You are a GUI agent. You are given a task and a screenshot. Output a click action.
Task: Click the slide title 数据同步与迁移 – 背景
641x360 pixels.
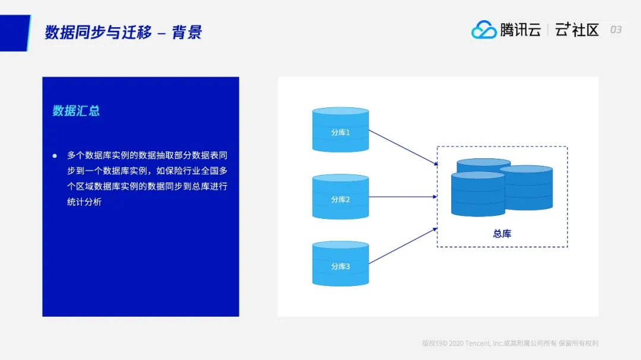[123, 32]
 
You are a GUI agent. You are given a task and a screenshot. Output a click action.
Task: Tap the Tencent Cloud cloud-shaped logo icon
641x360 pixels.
[484, 30]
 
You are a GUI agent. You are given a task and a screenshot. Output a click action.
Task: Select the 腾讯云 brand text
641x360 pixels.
[521, 30]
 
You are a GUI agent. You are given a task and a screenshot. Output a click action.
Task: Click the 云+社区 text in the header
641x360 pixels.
[577, 30]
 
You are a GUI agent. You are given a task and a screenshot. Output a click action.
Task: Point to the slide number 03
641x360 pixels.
[616, 30]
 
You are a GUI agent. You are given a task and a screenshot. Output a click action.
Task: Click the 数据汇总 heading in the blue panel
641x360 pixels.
[76, 111]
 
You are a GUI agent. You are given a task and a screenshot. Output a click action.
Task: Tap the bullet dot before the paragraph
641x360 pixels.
[55, 156]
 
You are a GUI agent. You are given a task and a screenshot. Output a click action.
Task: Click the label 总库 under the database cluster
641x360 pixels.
[502, 234]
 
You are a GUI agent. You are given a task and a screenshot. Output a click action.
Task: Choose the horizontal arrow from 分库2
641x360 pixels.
[403, 197]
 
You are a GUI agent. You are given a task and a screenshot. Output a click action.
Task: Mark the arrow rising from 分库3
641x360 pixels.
[403, 246]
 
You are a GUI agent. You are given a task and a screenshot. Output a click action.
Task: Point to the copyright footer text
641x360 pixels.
[510, 343]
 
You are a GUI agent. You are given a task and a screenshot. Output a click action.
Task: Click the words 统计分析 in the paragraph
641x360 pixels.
[84, 202]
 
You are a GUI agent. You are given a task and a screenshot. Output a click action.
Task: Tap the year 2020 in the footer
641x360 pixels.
[456, 343]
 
